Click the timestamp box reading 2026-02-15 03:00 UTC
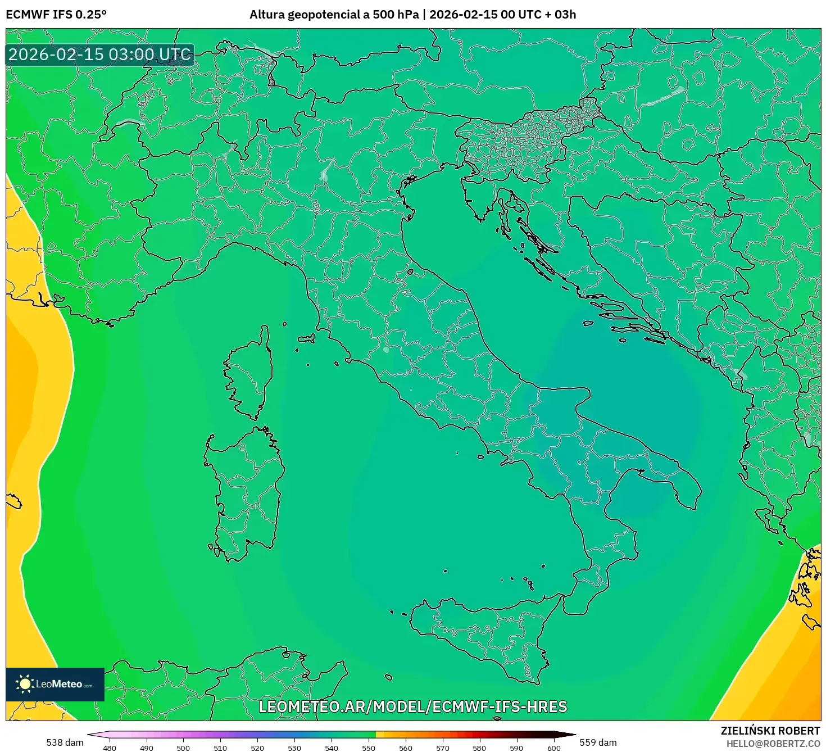(x=100, y=55)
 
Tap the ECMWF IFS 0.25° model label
(x=56, y=15)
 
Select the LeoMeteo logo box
(x=55, y=684)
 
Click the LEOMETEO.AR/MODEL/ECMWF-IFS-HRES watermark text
(x=413, y=706)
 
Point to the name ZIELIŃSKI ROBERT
(x=770, y=731)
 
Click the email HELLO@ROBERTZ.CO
(x=773, y=744)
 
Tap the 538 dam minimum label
(x=65, y=742)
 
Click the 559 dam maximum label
(x=598, y=742)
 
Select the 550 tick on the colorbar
(x=368, y=748)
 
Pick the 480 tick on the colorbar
(x=110, y=748)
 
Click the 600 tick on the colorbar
(x=553, y=748)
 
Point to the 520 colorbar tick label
(x=257, y=748)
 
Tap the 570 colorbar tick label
(x=443, y=748)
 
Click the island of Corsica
(x=250, y=374)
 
